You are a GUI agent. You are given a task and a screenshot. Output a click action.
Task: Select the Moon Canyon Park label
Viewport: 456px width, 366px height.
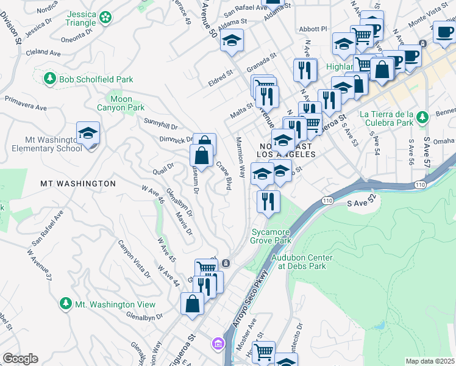[121, 103]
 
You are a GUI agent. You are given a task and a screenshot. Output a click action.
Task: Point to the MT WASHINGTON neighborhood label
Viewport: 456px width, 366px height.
[78, 183]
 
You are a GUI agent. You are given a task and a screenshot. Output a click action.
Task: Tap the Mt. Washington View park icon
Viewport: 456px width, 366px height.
[66, 303]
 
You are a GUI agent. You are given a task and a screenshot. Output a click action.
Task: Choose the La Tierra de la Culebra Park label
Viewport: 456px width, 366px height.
[387, 119]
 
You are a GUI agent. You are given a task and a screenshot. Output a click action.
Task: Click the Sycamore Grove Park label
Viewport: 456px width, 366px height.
[271, 236]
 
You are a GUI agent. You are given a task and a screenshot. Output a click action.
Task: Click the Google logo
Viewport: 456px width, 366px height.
[20, 359]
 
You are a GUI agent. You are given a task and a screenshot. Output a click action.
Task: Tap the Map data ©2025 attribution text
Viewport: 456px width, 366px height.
[429, 361]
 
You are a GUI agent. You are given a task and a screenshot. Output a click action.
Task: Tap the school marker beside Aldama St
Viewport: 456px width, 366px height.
[232, 41]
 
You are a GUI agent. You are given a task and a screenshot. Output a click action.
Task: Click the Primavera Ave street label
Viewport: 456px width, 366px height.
[26, 102]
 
